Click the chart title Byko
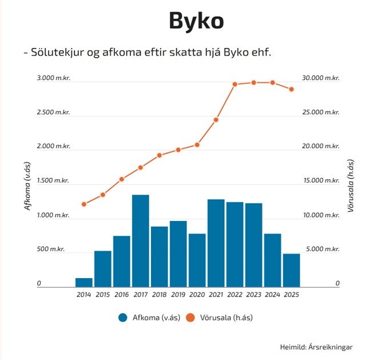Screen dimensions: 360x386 (x=196, y=21)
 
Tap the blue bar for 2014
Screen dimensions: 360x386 (x=84, y=282)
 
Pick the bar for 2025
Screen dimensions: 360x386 (x=291, y=270)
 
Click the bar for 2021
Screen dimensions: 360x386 (x=216, y=243)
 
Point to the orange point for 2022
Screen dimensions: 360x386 (x=234, y=84)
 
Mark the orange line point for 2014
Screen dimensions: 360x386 (x=84, y=204)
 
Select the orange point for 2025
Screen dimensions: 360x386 (x=291, y=89)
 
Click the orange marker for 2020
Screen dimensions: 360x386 (x=197, y=145)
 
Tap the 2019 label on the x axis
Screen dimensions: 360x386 (x=178, y=295)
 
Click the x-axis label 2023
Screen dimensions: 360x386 (x=253, y=295)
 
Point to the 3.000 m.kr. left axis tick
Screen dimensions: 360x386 (x=54, y=78)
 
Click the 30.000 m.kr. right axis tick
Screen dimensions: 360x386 (x=321, y=78)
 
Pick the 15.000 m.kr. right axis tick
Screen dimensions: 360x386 (x=321, y=180)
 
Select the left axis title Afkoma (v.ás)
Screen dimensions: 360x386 (x=27, y=186)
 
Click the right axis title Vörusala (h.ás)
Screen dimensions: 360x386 (x=351, y=186)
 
